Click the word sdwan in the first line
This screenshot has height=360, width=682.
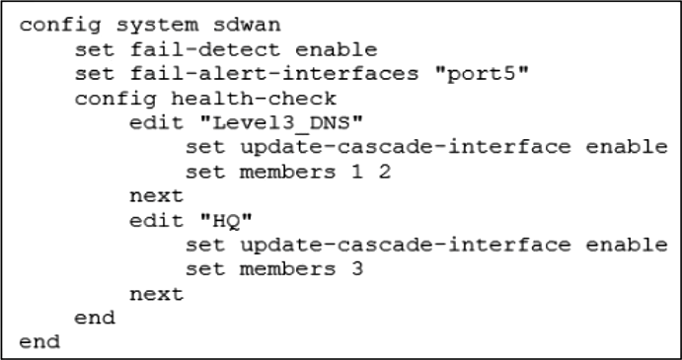pos(247,25)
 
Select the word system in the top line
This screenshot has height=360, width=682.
pos(158,26)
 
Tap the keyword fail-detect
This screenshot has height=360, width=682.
pos(205,49)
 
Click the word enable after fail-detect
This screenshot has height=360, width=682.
pos(336,49)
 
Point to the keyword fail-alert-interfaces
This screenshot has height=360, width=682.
pos(273,73)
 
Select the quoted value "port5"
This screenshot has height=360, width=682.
pos(482,74)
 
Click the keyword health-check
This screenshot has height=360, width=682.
pos(253,98)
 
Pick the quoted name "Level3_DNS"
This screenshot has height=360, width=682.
pos(281,123)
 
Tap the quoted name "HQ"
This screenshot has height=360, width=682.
pos(226,221)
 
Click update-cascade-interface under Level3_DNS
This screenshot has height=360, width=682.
pos(406,147)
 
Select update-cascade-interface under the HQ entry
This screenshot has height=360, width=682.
pos(406,246)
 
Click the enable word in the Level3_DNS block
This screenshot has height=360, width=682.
pos(627,147)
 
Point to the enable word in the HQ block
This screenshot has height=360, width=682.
pos(627,245)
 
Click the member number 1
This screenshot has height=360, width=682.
pos(356,172)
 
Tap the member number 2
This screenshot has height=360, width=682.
pos(385,172)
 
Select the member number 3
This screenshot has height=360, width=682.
pos(356,269)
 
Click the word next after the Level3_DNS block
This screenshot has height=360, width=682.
pos(157,196)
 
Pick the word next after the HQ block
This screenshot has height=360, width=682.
pos(157,294)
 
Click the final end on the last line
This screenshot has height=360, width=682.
pos(39,342)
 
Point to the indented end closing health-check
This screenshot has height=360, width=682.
pos(95,318)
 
